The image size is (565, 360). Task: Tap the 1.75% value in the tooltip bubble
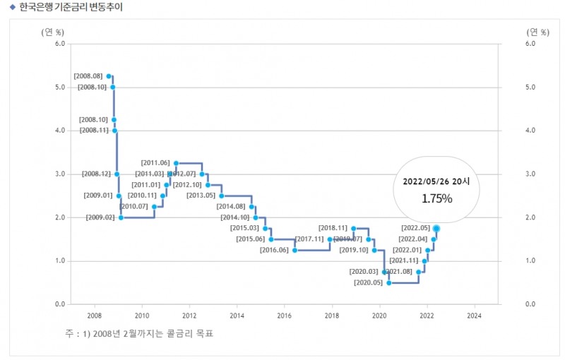click(436, 198)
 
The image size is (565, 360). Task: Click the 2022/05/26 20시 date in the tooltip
click(436, 181)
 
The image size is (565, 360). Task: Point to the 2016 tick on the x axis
click(285, 316)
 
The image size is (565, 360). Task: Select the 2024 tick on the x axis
click(475, 316)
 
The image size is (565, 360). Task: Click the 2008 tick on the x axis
click(94, 316)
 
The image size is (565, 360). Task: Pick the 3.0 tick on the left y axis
click(59, 174)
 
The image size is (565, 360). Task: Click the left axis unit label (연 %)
click(52, 31)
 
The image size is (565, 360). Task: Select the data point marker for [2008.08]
click(108, 76)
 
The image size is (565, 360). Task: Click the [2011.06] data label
click(155, 163)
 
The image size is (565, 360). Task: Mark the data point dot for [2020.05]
click(388, 282)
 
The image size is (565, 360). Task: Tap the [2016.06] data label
click(274, 250)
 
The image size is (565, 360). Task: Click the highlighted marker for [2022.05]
click(436, 228)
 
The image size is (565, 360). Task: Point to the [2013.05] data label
click(201, 196)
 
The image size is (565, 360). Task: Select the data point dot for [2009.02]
click(121, 217)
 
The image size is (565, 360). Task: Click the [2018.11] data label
click(333, 228)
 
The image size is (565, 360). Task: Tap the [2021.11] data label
click(404, 260)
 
